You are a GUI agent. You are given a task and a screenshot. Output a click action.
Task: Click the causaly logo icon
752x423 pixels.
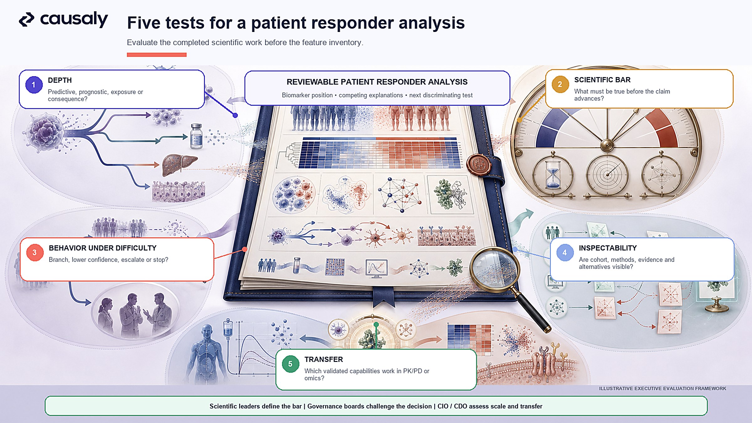point(27,20)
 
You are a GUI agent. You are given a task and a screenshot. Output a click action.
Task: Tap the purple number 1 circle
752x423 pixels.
point(34,85)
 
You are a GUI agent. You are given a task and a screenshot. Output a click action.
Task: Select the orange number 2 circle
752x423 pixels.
point(560,84)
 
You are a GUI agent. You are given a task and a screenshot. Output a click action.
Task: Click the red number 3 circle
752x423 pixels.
point(35,253)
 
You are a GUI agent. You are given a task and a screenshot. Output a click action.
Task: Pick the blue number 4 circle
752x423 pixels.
point(565,253)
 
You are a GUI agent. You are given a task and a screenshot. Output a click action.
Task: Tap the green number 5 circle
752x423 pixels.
point(290,364)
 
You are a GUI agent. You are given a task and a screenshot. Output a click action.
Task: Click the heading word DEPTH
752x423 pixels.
point(60,80)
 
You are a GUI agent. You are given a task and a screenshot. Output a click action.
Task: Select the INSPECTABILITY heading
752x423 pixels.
point(608,248)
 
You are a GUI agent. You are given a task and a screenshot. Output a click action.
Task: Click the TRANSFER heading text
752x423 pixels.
point(324,359)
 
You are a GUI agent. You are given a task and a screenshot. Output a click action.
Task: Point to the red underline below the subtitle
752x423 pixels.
point(157,55)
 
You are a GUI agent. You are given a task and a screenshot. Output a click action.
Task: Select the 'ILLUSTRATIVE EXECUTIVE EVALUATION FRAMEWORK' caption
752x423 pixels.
point(662,389)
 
